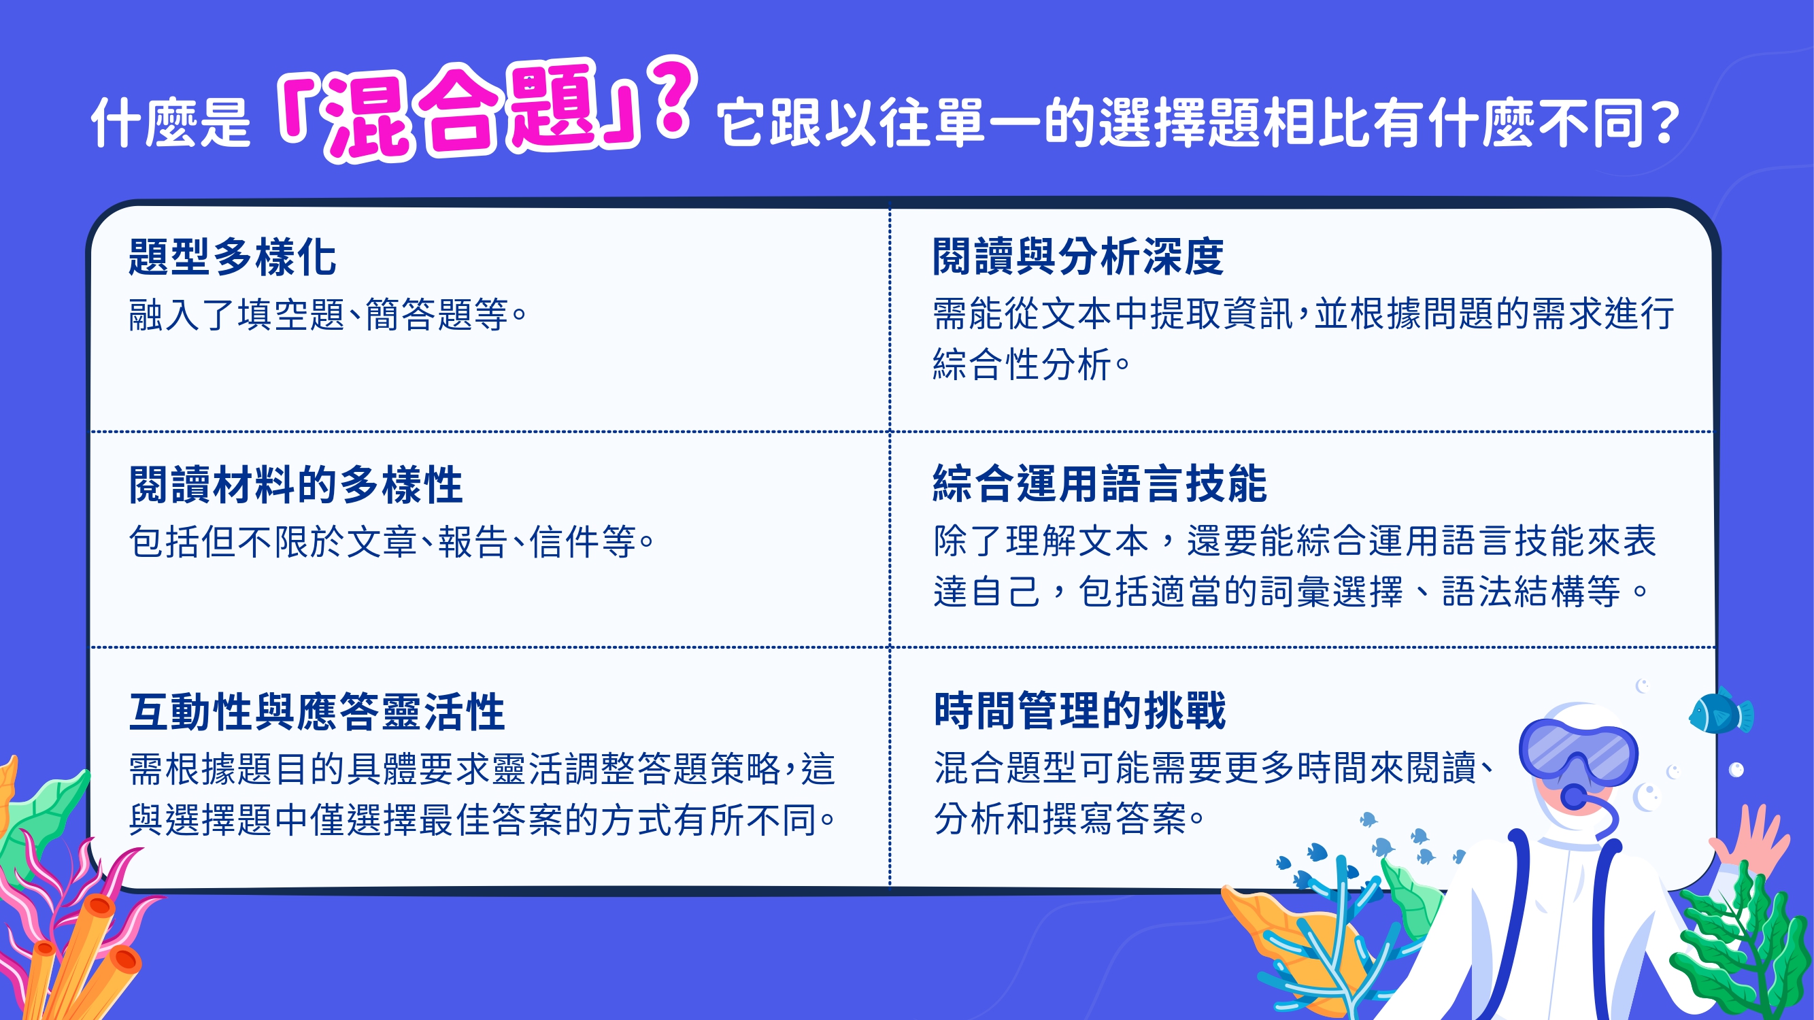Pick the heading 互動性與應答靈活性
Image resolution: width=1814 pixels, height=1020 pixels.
[x=317, y=712]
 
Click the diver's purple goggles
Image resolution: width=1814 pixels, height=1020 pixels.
[x=1578, y=752]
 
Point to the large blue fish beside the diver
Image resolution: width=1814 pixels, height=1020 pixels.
[x=1720, y=713]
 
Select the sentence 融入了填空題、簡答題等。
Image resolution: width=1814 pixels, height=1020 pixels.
[x=328, y=315]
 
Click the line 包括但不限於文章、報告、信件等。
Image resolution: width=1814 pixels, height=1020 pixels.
[x=392, y=542]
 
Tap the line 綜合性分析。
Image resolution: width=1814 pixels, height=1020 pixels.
[x=1032, y=364]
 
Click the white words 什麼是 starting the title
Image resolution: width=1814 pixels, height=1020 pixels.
[x=171, y=122]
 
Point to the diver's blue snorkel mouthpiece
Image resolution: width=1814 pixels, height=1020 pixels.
[x=1575, y=798]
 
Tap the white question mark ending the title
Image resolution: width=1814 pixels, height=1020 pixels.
[x=1666, y=122]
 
